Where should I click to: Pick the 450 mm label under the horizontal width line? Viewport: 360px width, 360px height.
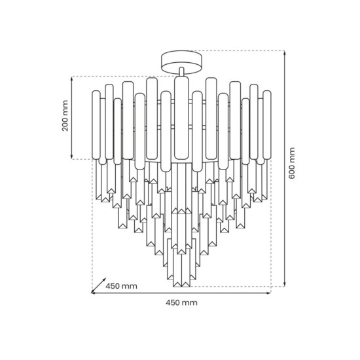pos(181,303)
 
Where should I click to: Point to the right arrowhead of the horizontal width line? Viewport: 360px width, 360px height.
pos(269,293)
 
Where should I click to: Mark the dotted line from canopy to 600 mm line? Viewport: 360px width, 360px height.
pos(242,51)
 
